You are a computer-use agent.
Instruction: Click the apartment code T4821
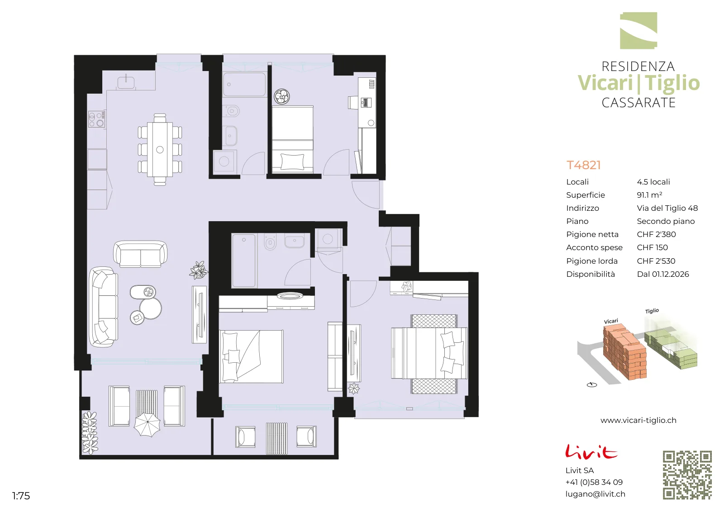coord(583,165)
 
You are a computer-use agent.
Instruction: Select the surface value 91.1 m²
coord(649,195)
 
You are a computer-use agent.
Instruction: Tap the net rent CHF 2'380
coord(656,234)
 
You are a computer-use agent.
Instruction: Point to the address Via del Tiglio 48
coord(667,208)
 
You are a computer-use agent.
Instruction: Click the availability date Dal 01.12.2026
coord(662,274)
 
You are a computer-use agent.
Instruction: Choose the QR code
coord(687,475)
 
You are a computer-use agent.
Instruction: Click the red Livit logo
coord(591,451)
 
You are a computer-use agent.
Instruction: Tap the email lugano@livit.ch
coord(595,494)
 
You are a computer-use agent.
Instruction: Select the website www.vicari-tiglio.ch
coord(638,420)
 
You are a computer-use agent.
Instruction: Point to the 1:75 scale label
coord(21,496)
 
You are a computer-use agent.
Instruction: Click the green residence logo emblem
coord(638,31)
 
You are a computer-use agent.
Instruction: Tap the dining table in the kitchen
coord(160,150)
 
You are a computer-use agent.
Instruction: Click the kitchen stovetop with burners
coord(97,119)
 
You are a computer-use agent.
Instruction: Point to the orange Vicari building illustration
coord(624,352)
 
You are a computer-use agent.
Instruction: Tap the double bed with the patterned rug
coord(430,354)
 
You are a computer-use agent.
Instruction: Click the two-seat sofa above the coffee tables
coord(140,254)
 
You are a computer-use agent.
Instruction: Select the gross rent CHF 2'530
coord(656,261)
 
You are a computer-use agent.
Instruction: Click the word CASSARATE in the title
coord(638,103)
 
